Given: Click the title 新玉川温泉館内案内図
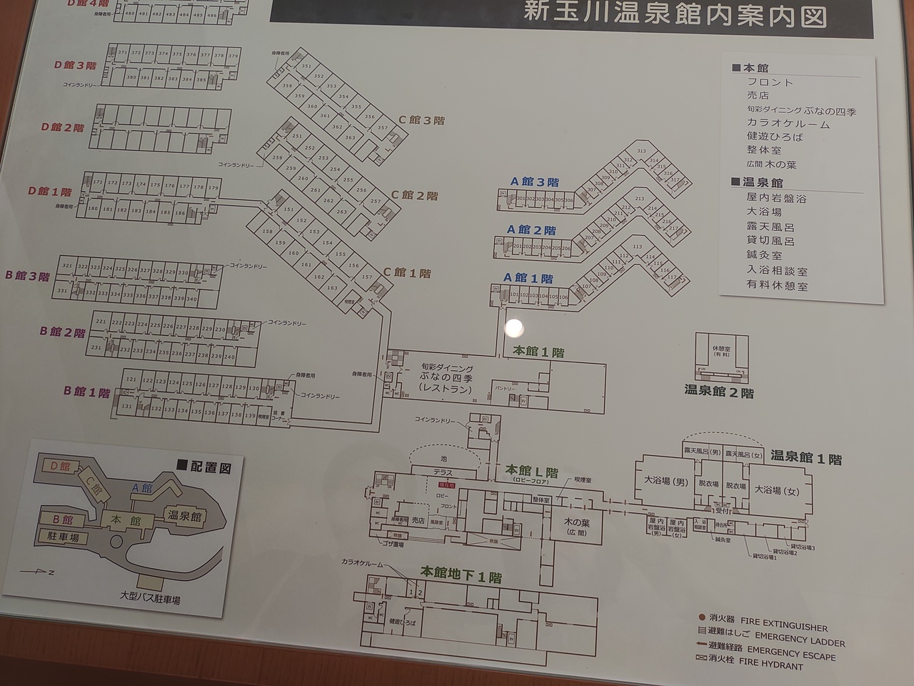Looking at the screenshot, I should (x=676, y=14).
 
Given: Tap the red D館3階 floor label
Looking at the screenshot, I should (x=74, y=66).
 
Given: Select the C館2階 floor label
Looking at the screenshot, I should (x=414, y=195).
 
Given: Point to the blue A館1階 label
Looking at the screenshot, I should (x=528, y=278).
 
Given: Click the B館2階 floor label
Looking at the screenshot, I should (x=62, y=332).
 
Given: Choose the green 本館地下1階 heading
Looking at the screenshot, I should (x=461, y=574).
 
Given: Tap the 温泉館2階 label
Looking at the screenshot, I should (x=718, y=391).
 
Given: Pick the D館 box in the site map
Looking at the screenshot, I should (x=60, y=466).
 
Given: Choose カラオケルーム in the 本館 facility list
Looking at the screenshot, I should (x=788, y=124).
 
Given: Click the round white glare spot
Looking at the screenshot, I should (x=514, y=328).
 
